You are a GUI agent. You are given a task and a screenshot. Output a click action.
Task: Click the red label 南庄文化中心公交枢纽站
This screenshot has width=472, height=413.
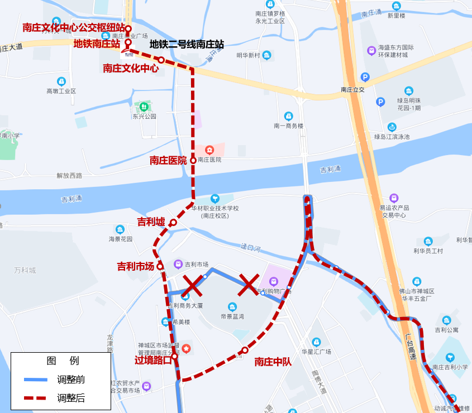click(73, 27)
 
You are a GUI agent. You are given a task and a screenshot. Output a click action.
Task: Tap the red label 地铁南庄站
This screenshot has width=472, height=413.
click(97, 43)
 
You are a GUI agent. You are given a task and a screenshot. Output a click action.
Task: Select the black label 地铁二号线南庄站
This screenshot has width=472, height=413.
click(187, 44)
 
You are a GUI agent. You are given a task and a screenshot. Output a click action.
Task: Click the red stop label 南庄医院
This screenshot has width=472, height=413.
click(168, 160)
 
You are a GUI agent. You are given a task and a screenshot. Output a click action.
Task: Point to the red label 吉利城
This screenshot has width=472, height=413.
click(151, 222)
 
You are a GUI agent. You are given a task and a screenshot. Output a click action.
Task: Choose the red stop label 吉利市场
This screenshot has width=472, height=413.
click(135, 266)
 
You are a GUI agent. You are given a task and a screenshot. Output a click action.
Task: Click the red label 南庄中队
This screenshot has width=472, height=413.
click(273, 362)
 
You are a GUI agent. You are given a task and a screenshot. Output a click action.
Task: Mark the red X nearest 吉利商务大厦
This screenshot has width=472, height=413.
click(192, 285)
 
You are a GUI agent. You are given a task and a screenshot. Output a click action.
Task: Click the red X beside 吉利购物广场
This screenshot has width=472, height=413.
click(249, 285)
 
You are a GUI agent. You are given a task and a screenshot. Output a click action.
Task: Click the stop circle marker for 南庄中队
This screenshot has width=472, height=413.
click(245, 350)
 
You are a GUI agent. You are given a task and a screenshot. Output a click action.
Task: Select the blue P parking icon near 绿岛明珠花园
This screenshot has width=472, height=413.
click(380, 102)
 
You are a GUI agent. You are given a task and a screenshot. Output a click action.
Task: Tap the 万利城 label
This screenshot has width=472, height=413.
click(25, 270)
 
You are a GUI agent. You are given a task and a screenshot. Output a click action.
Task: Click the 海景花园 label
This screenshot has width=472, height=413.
click(121, 239)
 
